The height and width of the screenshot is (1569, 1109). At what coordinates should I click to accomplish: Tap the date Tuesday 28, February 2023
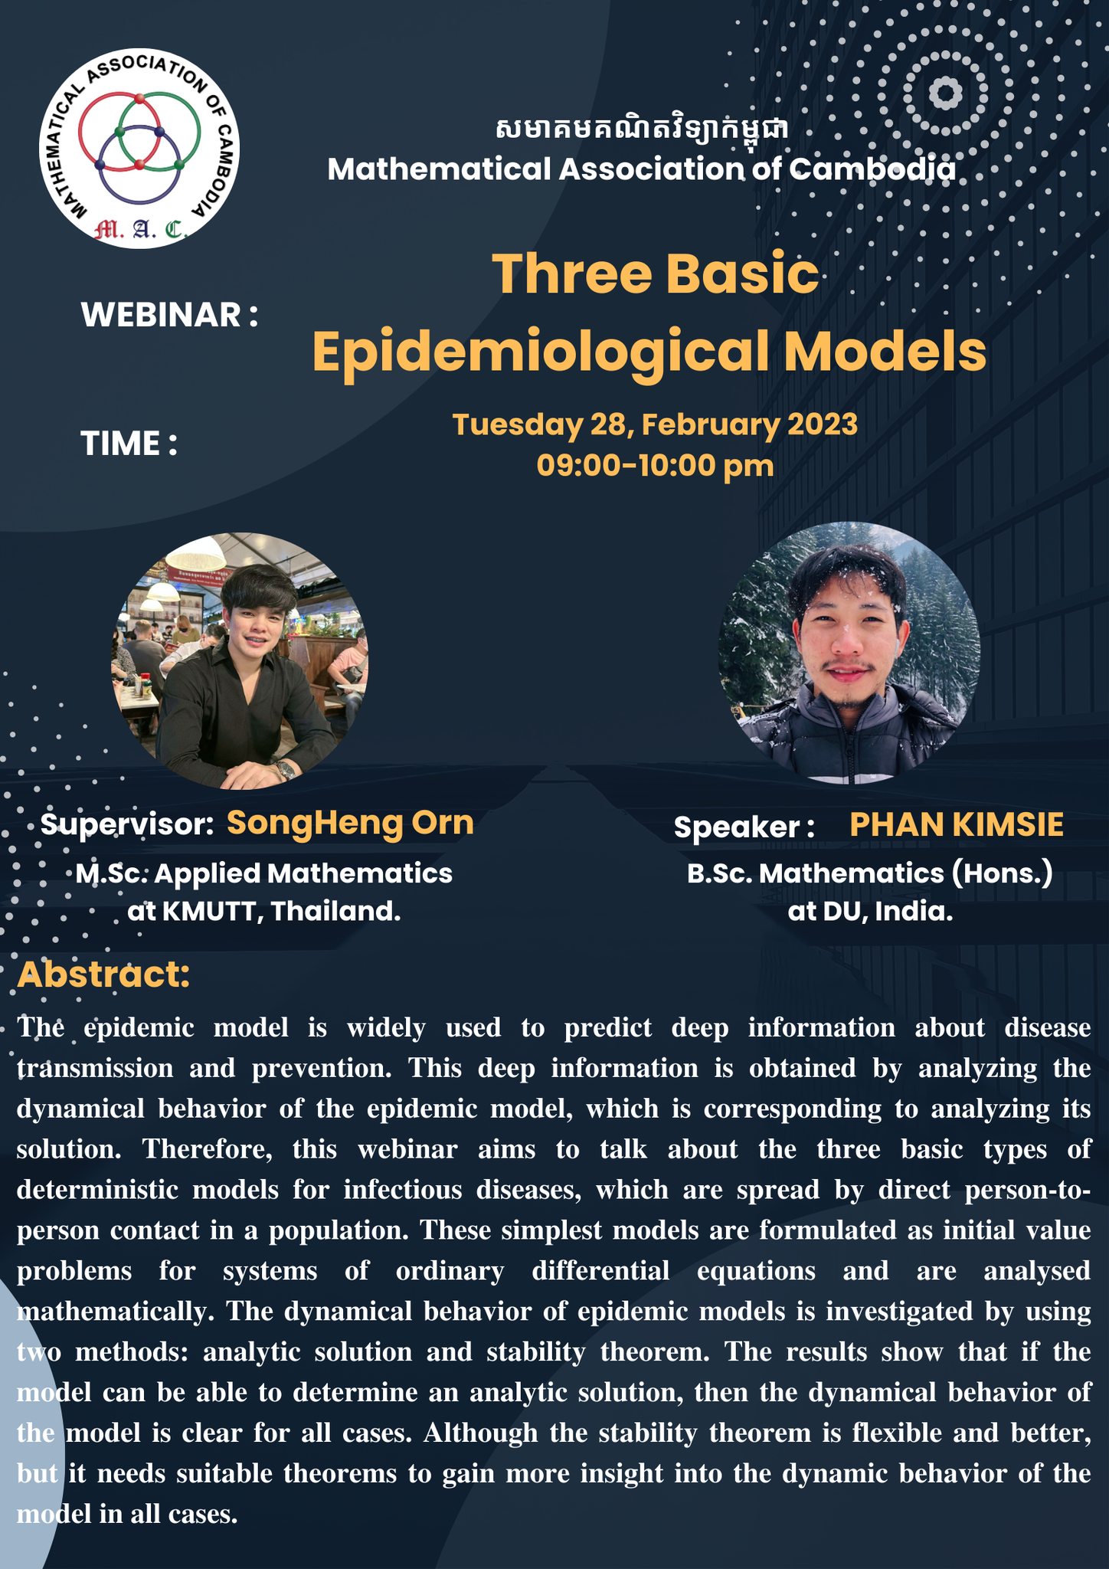(655, 424)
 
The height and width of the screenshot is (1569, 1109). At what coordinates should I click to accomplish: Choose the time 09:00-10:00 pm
(655, 466)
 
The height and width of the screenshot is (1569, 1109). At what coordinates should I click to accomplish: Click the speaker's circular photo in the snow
(849, 653)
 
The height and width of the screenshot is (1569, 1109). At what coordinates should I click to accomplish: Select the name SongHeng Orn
(350, 824)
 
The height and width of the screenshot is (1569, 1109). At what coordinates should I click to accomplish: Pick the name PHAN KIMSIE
(957, 825)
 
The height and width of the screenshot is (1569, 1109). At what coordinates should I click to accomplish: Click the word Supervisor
(126, 825)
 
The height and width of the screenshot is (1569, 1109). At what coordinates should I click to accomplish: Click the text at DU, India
(870, 912)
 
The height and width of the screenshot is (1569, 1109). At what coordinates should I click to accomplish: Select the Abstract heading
(103, 974)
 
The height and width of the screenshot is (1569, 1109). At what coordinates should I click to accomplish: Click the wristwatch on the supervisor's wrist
(285, 769)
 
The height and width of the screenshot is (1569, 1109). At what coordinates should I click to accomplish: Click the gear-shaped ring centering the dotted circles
(946, 93)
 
